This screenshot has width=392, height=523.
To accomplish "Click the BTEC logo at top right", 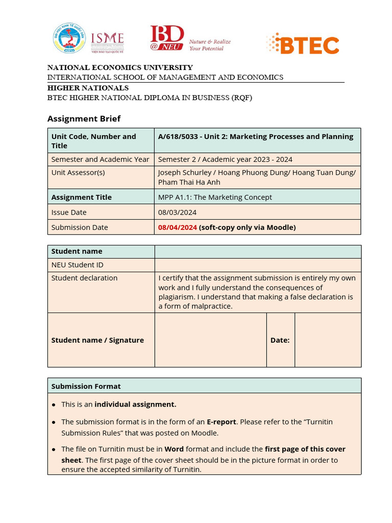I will (303, 44).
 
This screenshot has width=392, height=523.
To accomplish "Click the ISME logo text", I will (107, 39).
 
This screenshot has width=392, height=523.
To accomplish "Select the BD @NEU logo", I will (167, 39).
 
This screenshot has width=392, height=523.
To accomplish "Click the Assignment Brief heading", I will (84, 118).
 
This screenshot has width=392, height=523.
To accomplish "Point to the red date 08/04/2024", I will (177, 227).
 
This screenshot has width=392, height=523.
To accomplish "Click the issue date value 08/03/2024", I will (177, 212).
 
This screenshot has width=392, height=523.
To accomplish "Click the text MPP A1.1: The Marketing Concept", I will (215, 197).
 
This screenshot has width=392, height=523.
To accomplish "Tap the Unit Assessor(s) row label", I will (78, 173).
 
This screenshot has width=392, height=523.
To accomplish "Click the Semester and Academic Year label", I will (100, 159).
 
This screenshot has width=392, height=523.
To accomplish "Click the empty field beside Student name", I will (257, 251).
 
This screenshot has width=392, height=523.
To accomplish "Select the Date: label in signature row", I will (280, 340).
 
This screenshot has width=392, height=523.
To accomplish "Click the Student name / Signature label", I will (97, 340).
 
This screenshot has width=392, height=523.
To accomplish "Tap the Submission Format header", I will (86, 386).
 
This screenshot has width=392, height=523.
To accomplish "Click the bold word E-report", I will (221, 422).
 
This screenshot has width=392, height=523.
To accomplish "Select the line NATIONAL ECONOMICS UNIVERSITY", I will (120, 67).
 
